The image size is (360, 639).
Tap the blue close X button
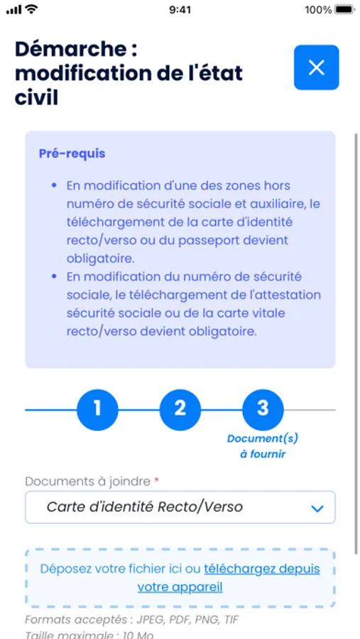316,67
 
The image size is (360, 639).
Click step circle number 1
97,409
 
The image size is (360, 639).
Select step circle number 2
180,409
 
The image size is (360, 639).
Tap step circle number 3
263,409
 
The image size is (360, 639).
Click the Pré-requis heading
72,153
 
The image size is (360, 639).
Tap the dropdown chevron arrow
317,508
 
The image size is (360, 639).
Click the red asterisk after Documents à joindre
156,481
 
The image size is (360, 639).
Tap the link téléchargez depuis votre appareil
261,569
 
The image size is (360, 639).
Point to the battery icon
344,10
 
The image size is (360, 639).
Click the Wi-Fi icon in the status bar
31,9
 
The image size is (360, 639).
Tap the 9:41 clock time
180,10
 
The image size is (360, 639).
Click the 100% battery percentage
318,10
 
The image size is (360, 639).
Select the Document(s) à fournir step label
256,446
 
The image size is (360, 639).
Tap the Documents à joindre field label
87,481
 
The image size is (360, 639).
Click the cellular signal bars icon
13,10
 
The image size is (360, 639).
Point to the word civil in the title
36,97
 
